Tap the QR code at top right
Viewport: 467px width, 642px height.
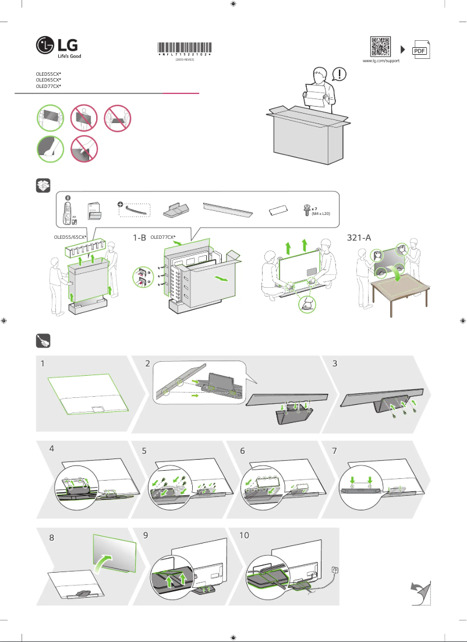tap(380, 47)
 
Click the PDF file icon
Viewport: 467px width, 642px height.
tap(420, 50)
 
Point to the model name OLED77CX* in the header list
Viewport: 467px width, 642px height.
tap(48, 86)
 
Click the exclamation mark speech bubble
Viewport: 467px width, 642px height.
tap(339, 74)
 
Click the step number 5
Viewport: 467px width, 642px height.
tap(146, 450)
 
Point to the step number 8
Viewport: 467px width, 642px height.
tap(52, 538)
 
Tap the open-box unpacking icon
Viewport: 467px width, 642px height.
tap(43, 186)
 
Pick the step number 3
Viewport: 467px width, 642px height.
tap(335, 364)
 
